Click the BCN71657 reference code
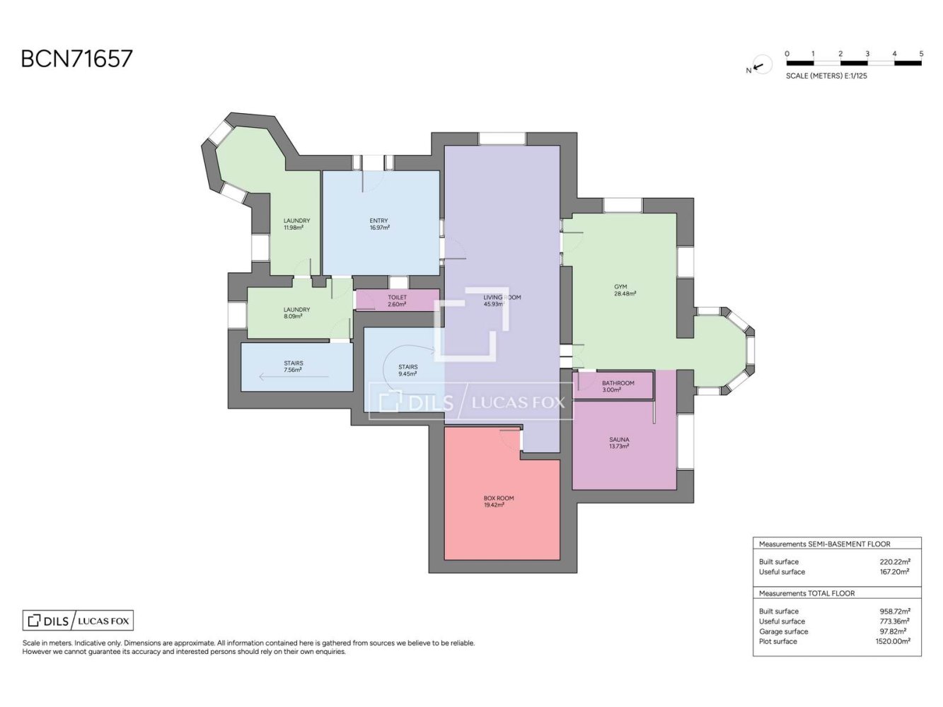point(76,59)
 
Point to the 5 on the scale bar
point(921,54)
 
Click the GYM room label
point(620,286)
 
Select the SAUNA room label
point(619,439)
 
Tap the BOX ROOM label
point(498,498)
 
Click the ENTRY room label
point(378,221)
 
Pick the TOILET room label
point(397,297)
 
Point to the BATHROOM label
point(618,383)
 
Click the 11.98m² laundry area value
point(294,228)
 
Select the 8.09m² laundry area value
point(293,316)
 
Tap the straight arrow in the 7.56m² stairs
point(294,377)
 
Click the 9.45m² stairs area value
point(407,374)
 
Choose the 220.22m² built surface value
point(895,561)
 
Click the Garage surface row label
point(783,631)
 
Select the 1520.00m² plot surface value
point(893,641)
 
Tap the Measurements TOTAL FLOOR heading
point(806,593)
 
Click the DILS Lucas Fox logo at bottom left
point(78,620)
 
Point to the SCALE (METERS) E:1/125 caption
point(826,76)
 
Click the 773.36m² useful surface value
point(894,621)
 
